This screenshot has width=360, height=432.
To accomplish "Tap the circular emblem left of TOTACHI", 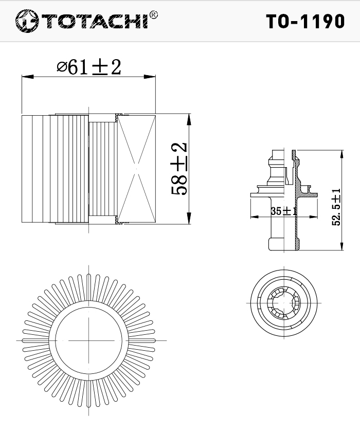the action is (x=27, y=21).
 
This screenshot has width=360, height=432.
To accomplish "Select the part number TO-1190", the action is (x=305, y=22).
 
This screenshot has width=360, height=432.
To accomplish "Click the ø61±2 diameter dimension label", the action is (x=88, y=67).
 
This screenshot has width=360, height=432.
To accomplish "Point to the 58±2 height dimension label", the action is (x=179, y=169).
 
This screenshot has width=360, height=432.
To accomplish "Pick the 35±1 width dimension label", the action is (x=284, y=211).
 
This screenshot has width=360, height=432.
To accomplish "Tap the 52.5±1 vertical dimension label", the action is (x=336, y=207).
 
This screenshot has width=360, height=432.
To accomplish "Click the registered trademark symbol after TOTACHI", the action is (x=153, y=15).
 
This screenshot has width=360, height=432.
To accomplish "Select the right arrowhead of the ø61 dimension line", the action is (x=150, y=77).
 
